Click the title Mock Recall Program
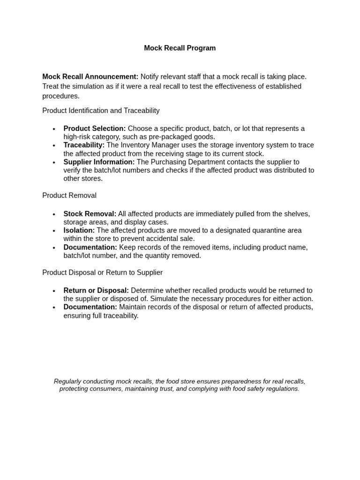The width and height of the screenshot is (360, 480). click(180, 48)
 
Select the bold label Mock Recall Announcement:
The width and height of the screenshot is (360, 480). click(90, 76)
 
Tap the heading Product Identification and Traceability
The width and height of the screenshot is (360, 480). click(101, 111)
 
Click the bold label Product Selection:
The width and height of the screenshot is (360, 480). click(94, 128)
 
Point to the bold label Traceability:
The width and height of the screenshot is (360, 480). click(84, 145)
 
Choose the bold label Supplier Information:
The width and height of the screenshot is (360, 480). click(99, 162)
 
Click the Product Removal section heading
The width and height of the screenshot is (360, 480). click(69, 195)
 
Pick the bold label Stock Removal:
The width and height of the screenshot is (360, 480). click(90, 214)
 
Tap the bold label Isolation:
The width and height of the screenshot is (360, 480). click(79, 231)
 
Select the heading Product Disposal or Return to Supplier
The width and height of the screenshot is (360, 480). click(102, 272)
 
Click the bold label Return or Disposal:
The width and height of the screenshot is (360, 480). click(96, 291)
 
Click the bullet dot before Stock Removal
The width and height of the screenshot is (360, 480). click(54, 214)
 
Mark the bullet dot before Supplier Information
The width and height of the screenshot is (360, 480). click(54, 163)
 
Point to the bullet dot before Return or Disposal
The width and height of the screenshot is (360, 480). click(54, 291)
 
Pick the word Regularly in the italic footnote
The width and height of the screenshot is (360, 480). click(69, 382)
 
